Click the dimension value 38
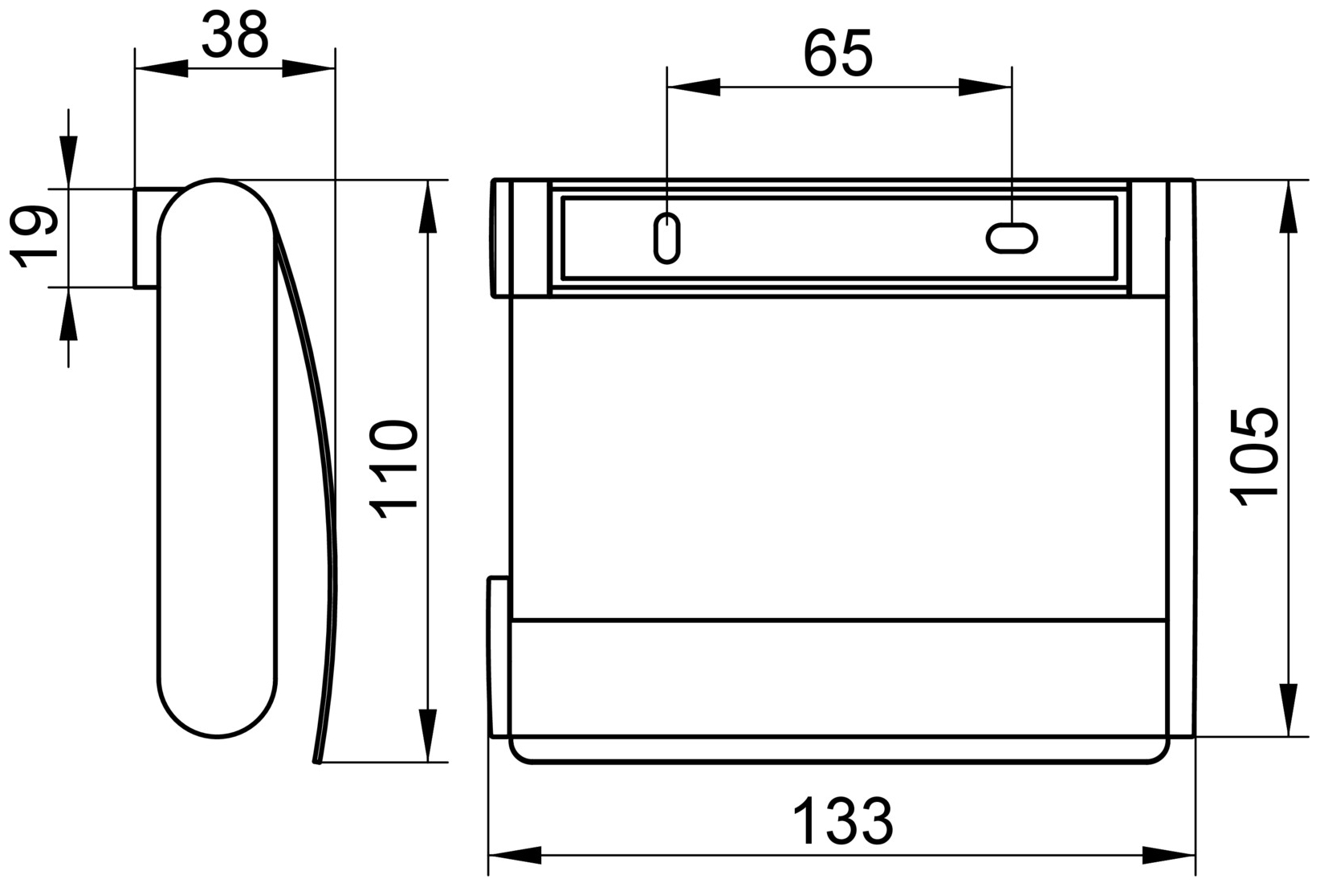(x=234, y=35)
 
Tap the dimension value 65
(x=837, y=55)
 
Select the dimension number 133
(x=842, y=821)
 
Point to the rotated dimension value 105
(x=1255, y=457)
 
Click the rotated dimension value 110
(x=393, y=470)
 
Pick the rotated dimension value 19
(x=34, y=237)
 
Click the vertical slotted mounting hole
(x=667, y=238)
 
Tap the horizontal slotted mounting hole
(x=1012, y=238)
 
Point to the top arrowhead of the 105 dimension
(x=1288, y=206)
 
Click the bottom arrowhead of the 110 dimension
(x=429, y=735)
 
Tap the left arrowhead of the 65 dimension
(x=693, y=87)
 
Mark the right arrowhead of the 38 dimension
(x=309, y=69)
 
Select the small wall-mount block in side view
(x=146, y=238)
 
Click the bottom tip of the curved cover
(x=317, y=760)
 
